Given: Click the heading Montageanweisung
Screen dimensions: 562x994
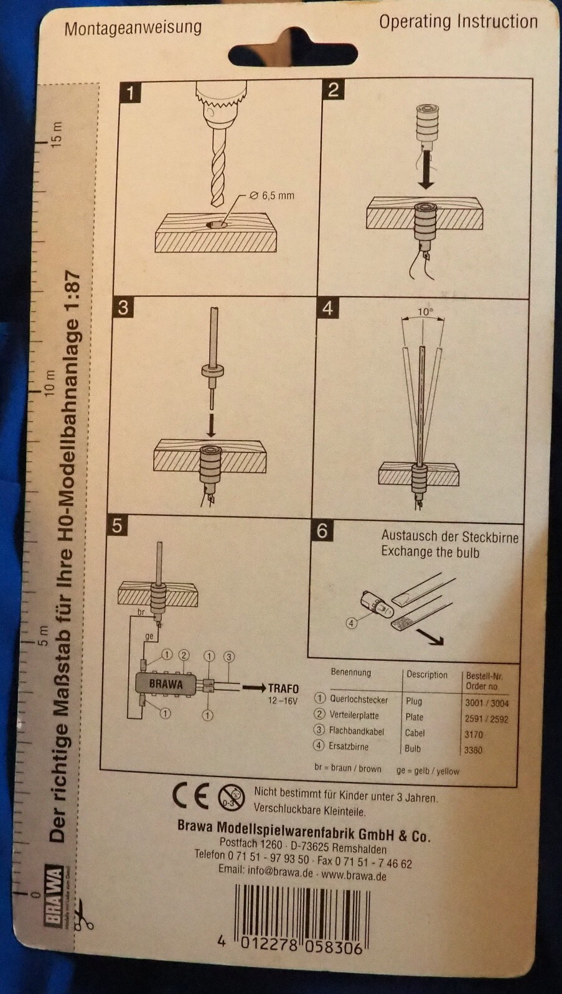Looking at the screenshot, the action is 133,28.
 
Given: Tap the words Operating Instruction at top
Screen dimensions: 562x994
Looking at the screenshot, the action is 458,22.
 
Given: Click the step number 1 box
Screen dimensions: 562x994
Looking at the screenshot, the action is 130,93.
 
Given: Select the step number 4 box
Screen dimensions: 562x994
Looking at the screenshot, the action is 327,308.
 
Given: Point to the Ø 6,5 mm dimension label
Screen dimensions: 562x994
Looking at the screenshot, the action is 272,195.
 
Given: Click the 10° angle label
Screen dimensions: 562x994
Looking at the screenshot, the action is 424,312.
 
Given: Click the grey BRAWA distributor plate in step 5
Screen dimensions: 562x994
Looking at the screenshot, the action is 166,684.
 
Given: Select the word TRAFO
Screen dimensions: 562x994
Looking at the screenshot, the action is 283,688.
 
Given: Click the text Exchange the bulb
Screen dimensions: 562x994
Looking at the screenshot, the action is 430,552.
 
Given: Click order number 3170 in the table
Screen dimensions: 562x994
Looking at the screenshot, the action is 473,734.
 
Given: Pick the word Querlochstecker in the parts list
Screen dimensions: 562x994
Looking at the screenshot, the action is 358,699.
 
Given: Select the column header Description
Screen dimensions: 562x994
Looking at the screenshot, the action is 427,674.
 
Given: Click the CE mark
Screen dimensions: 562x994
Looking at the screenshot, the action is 190,796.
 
